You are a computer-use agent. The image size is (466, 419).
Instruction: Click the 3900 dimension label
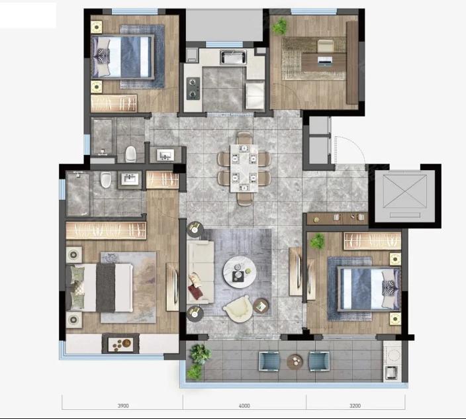(x=123, y=406)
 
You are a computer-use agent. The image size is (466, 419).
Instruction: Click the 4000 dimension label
(x=244, y=406)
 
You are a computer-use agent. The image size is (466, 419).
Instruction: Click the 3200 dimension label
(x=355, y=406)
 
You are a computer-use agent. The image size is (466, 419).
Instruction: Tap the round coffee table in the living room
(x=240, y=272)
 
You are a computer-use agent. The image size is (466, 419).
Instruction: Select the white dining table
(x=244, y=168)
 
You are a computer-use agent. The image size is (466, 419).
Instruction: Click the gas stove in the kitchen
(x=193, y=88)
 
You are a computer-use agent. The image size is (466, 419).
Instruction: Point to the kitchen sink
(x=233, y=58)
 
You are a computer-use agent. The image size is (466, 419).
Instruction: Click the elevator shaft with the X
(x=405, y=196)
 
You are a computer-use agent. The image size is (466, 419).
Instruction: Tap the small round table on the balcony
(x=295, y=361)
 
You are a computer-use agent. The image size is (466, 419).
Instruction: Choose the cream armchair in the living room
(x=238, y=309)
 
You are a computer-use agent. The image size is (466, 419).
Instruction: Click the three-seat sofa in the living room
(x=201, y=272)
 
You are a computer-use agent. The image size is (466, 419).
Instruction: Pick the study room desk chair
(x=326, y=46)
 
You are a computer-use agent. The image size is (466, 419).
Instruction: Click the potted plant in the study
(x=279, y=26)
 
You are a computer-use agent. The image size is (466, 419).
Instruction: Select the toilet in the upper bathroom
(x=130, y=154)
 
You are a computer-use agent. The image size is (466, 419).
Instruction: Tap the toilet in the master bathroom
(x=105, y=179)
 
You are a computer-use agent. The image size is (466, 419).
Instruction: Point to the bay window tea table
(x=120, y=344)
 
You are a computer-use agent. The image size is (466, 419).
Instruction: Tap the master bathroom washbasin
(x=130, y=179)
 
